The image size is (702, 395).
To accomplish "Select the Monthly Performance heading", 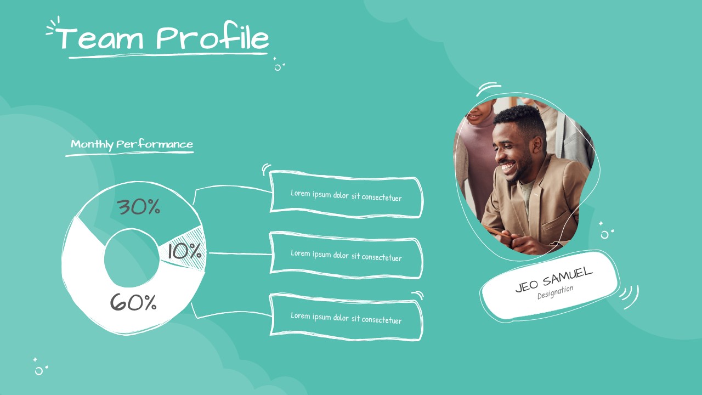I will (x=132, y=145).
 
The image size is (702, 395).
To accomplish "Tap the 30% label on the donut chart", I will (x=138, y=207).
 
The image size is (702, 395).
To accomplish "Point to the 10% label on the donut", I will (x=184, y=252).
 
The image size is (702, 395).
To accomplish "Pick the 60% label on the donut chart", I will (x=133, y=302).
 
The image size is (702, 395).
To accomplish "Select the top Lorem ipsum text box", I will (x=346, y=195).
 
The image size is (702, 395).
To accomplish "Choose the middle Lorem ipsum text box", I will (x=346, y=255).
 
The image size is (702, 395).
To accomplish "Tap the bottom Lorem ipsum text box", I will (x=346, y=318).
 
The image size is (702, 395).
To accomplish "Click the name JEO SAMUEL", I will (x=553, y=279).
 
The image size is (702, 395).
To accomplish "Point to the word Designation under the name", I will (x=555, y=292).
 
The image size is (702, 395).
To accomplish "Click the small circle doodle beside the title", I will (x=278, y=67).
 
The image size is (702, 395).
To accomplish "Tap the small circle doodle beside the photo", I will (x=604, y=235).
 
